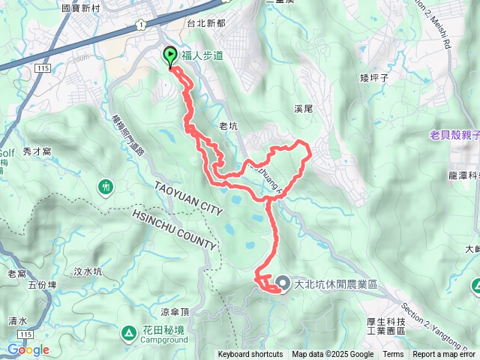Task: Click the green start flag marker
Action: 169,55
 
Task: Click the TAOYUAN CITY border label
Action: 188,198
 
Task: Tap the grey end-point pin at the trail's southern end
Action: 283,283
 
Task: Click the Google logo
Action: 28,349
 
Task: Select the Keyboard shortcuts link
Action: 250,355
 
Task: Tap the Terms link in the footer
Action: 393,355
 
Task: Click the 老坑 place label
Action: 228,127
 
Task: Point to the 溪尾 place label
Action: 304,109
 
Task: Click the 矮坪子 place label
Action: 372,77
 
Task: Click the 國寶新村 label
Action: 82,7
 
